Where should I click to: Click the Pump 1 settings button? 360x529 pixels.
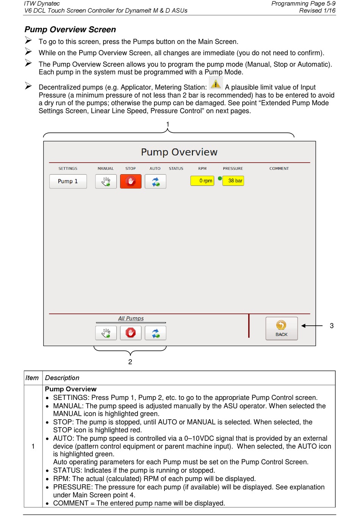68,181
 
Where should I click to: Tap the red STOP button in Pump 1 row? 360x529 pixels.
131,181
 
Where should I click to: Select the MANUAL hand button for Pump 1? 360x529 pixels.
106,181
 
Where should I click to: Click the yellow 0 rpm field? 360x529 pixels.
202,181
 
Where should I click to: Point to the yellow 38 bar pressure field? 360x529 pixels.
233,181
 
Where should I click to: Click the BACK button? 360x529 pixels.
282,328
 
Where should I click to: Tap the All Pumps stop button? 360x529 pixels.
131,333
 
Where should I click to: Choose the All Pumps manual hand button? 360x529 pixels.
106,333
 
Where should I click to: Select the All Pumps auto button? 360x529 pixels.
156,333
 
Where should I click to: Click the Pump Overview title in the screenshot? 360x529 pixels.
179,152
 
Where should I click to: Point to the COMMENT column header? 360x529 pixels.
279,169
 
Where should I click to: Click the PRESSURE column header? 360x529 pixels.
233,169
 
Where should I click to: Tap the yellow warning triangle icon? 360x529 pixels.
216,83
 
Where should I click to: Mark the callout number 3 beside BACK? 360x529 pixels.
332,326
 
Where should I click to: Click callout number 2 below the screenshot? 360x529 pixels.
130,362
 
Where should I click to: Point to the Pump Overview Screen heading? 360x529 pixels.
70,30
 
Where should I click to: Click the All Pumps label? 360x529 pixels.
131,318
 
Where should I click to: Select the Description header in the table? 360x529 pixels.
62,378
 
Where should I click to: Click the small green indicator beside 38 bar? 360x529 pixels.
220,178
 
